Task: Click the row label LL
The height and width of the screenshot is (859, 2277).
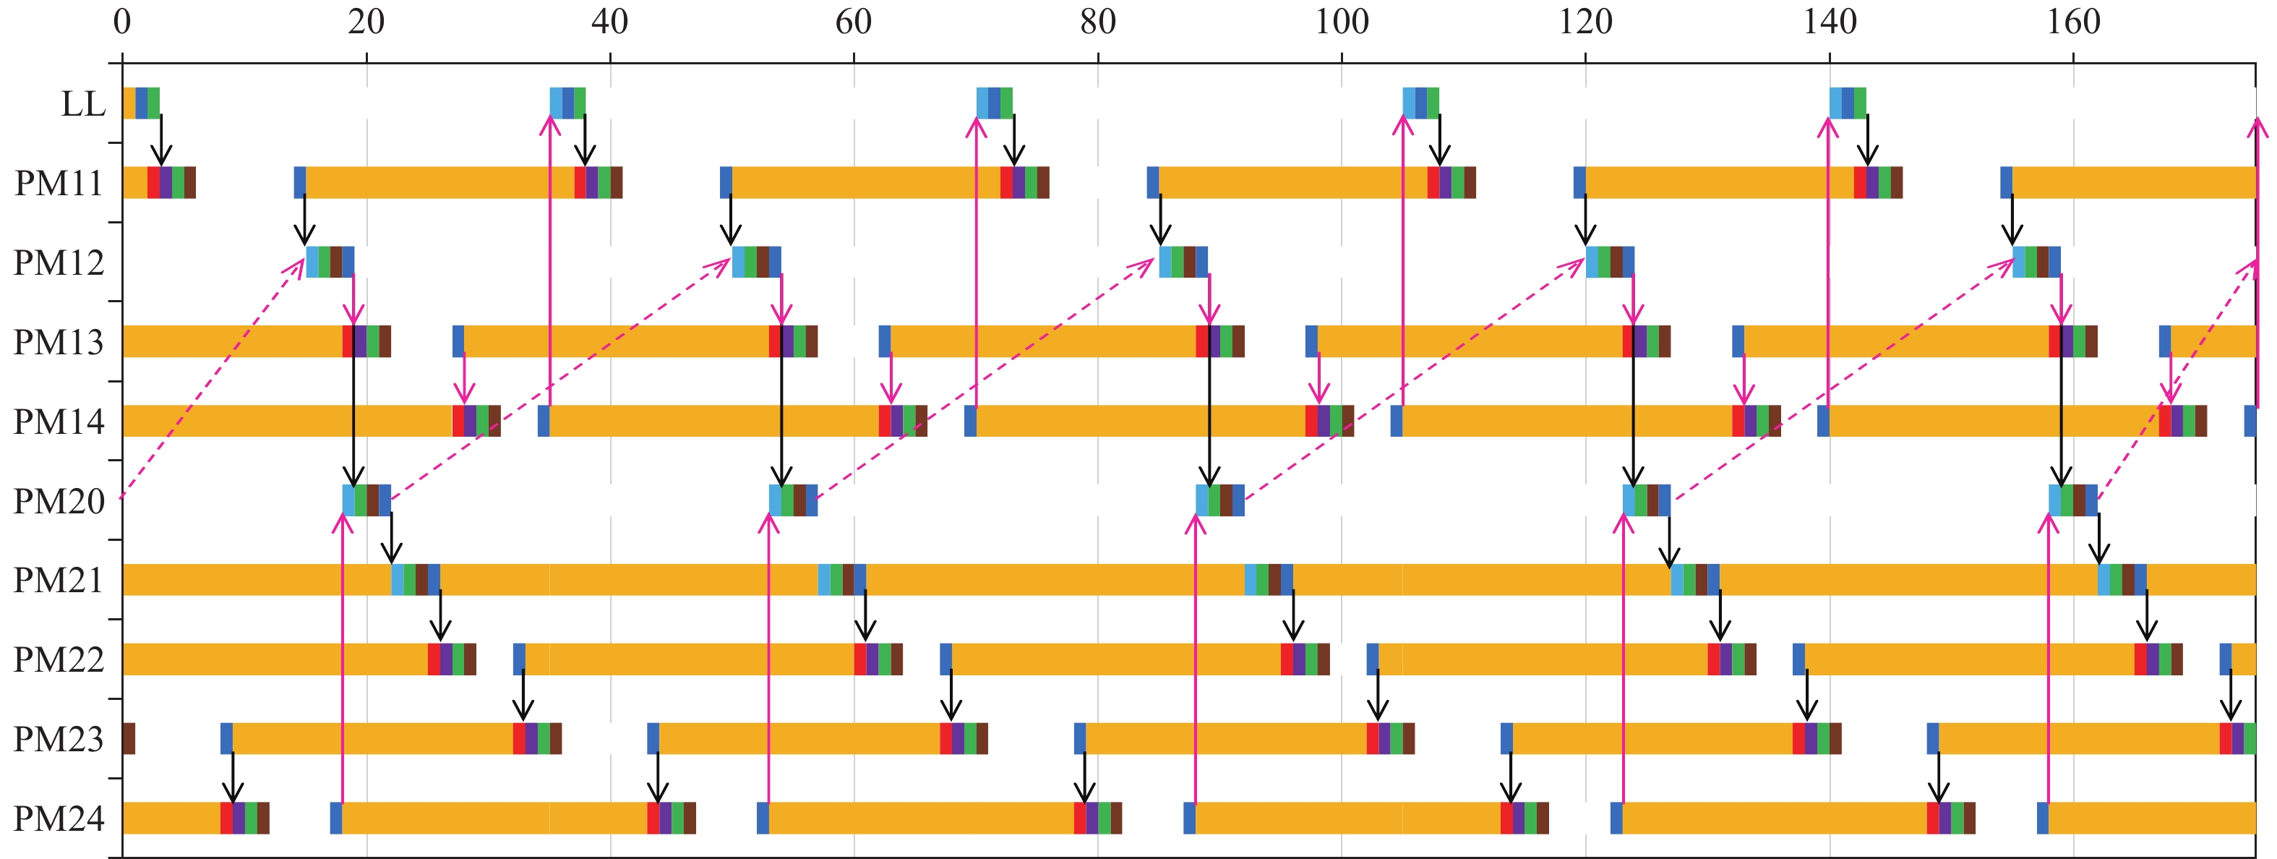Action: tap(83, 104)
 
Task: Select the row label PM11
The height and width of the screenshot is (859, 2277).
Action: tap(59, 184)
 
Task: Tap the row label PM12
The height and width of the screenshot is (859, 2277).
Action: tap(59, 263)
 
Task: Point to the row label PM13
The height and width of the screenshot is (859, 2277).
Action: tap(59, 342)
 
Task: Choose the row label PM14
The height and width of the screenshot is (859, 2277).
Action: tap(59, 422)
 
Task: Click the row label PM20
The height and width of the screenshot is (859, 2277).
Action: tap(59, 501)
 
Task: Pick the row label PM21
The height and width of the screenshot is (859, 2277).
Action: tap(59, 581)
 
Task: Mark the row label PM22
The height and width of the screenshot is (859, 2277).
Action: tap(59, 660)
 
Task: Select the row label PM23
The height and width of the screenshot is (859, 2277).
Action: tap(59, 740)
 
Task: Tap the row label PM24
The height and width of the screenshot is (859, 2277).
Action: tap(59, 819)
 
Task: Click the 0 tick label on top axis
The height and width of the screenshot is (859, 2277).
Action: tap(122, 21)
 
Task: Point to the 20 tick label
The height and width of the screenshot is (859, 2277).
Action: tap(366, 21)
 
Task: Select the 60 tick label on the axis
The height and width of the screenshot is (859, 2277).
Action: tap(854, 21)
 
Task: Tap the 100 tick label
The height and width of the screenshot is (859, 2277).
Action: tap(1342, 21)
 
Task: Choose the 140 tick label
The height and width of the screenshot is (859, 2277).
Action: tap(1830, 21)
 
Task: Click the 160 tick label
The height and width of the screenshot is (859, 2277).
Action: tap(2074, 21)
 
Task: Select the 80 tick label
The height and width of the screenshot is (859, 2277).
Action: tap(1098, 21)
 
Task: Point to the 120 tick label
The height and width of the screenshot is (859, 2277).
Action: tap(1586, 21)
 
